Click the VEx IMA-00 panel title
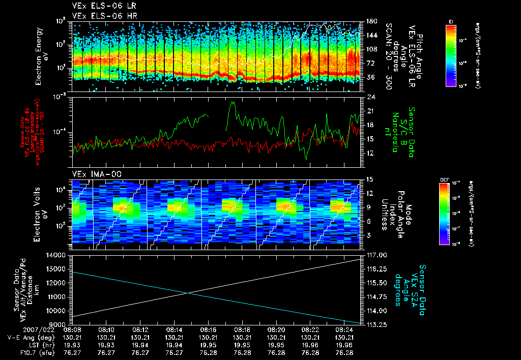(x=93, y=174)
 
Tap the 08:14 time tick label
(x=174, y=329)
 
